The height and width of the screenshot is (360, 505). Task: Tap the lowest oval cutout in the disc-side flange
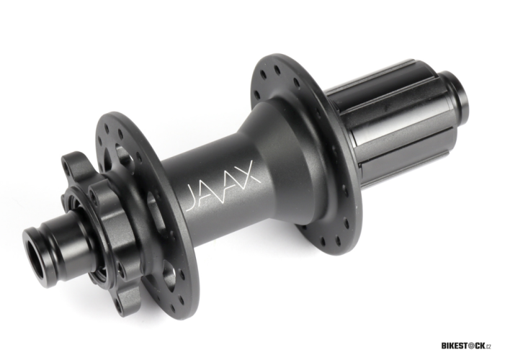coord(169,272)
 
